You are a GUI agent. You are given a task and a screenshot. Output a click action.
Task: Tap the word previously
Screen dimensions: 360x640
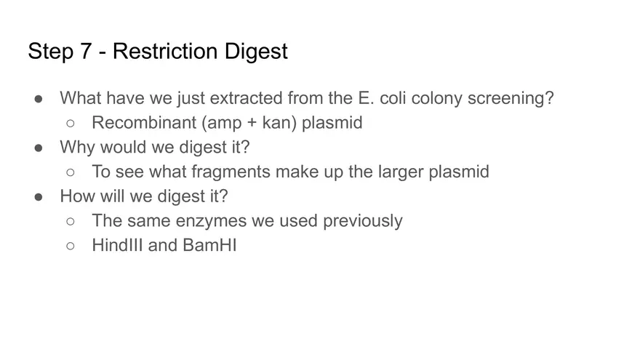(x=362, y=220)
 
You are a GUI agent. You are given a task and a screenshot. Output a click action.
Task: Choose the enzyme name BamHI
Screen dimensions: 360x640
(x=209, y=245)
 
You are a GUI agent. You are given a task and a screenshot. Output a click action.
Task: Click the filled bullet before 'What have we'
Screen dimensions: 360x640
(x=39, y=98)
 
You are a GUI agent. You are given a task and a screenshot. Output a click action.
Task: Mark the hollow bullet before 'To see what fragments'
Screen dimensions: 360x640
(x=71, y=172)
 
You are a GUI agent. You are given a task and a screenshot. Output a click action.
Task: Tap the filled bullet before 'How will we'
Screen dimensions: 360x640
(x=39, y=197)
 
